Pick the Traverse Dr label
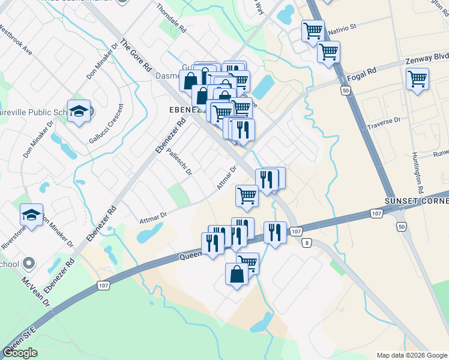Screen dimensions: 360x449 [x=385, y=122]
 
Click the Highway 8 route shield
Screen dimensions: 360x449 [x=307, y=242]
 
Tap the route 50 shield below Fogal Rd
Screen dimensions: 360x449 [x=344, y=90]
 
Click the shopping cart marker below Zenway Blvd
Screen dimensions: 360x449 [x=417, y=78]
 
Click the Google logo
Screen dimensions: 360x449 [x=20, y=352]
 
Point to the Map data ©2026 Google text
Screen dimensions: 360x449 [x=411, y=355]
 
